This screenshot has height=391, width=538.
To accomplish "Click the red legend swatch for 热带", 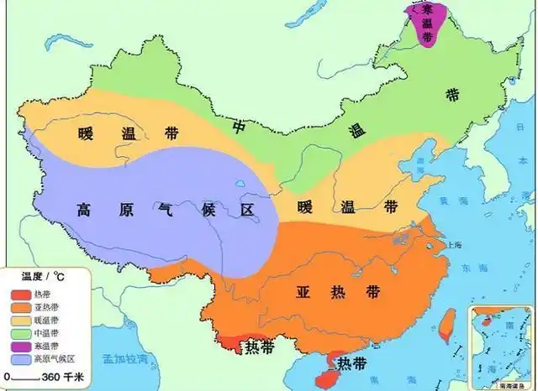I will [20, 295].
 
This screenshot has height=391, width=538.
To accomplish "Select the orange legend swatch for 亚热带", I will [20, 307].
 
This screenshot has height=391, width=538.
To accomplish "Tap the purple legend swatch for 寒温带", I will [20, 346].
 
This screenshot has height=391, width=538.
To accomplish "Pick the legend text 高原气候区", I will [55, 358].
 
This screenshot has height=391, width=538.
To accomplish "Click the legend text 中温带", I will [45, 333].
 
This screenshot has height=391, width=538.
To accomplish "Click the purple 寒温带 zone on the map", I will [425, 25].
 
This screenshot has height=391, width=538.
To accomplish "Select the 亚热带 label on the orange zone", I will [334, 292].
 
